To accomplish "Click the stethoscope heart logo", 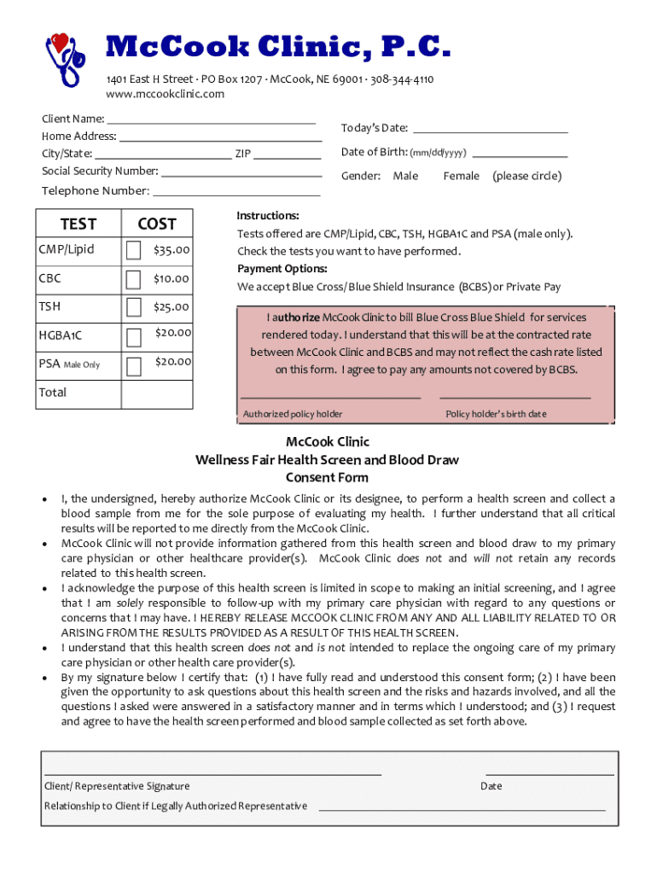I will (x=65, y=58).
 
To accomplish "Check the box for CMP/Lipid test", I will (x=134, y=251).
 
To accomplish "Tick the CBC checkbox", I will (x=134, y=280).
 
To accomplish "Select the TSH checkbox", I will (x=134, y=308).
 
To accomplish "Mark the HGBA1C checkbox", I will (x=134, y=336).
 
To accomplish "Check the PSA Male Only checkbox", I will (x=134, y=366).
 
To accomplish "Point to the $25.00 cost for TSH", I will (x=172, y=307).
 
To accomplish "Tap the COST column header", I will (x=157, y=224).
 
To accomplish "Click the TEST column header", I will (x=78, y=224).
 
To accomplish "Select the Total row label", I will (x=52, y=393).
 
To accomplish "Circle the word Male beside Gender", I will (x=405, y=176).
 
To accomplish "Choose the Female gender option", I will (x=461, y=176).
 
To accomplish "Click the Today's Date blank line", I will (x=490, y=132).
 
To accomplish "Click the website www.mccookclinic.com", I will (x=165, y=94).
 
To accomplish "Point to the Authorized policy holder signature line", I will (x=330, y=397).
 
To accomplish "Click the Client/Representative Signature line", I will (x=212, y=773).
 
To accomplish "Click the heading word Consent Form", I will (x=327, y=478).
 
